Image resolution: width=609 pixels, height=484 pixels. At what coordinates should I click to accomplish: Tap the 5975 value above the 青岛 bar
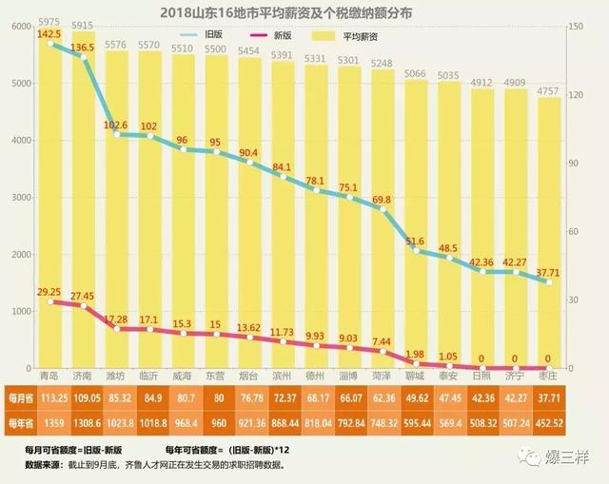tap(49, 22)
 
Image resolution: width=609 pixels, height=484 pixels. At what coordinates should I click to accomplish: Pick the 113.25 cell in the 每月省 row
tap(49, 397)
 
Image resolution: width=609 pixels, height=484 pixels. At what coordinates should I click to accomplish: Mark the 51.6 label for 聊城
tap(415, 241)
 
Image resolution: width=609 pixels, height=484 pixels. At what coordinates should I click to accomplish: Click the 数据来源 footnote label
tap(34, 465)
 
